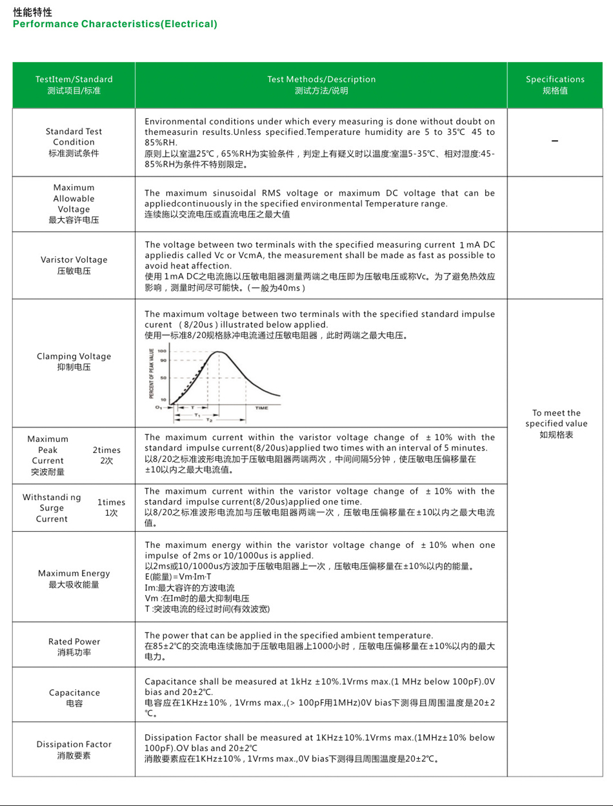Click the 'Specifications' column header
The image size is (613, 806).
pyautogui.click(x=555, y=79)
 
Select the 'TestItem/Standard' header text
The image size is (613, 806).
pyautogui.click(x=74, y=79)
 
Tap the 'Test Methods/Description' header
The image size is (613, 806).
pyautogui.click(x=321, y=79)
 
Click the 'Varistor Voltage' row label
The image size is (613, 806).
pyautogui.click(x=74, y=260)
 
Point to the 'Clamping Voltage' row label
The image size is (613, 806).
pyautogui.click(x=74, y=356)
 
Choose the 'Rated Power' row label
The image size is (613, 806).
pyautogui.click(x=74, y=641)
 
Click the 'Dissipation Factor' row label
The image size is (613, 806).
pyautogui.click(x=74, y=744)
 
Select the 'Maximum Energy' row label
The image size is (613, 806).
pyautogui.click(x=74, y=573)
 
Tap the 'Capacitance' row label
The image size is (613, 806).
pyautogui.click(x=74, y=692)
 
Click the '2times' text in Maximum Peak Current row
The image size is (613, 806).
pyautogui.click(x=106, y=450)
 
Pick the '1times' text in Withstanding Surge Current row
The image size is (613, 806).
pyautogui.click(x=112, y=502)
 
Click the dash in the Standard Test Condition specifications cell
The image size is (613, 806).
pyautogui.click(x=555, y=142)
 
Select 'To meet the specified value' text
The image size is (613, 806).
pyautogui.click(x=556, y=418)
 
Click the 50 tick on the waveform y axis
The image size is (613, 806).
pyautogui.click(x=164, y=378)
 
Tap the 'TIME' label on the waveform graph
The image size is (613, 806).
pyautogui.click(x=261, y=408)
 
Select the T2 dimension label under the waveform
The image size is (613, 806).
pyautogui.click(x=209, y=420)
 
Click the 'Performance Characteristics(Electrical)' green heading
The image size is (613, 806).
pyautogui.click(x=115, y=24)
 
